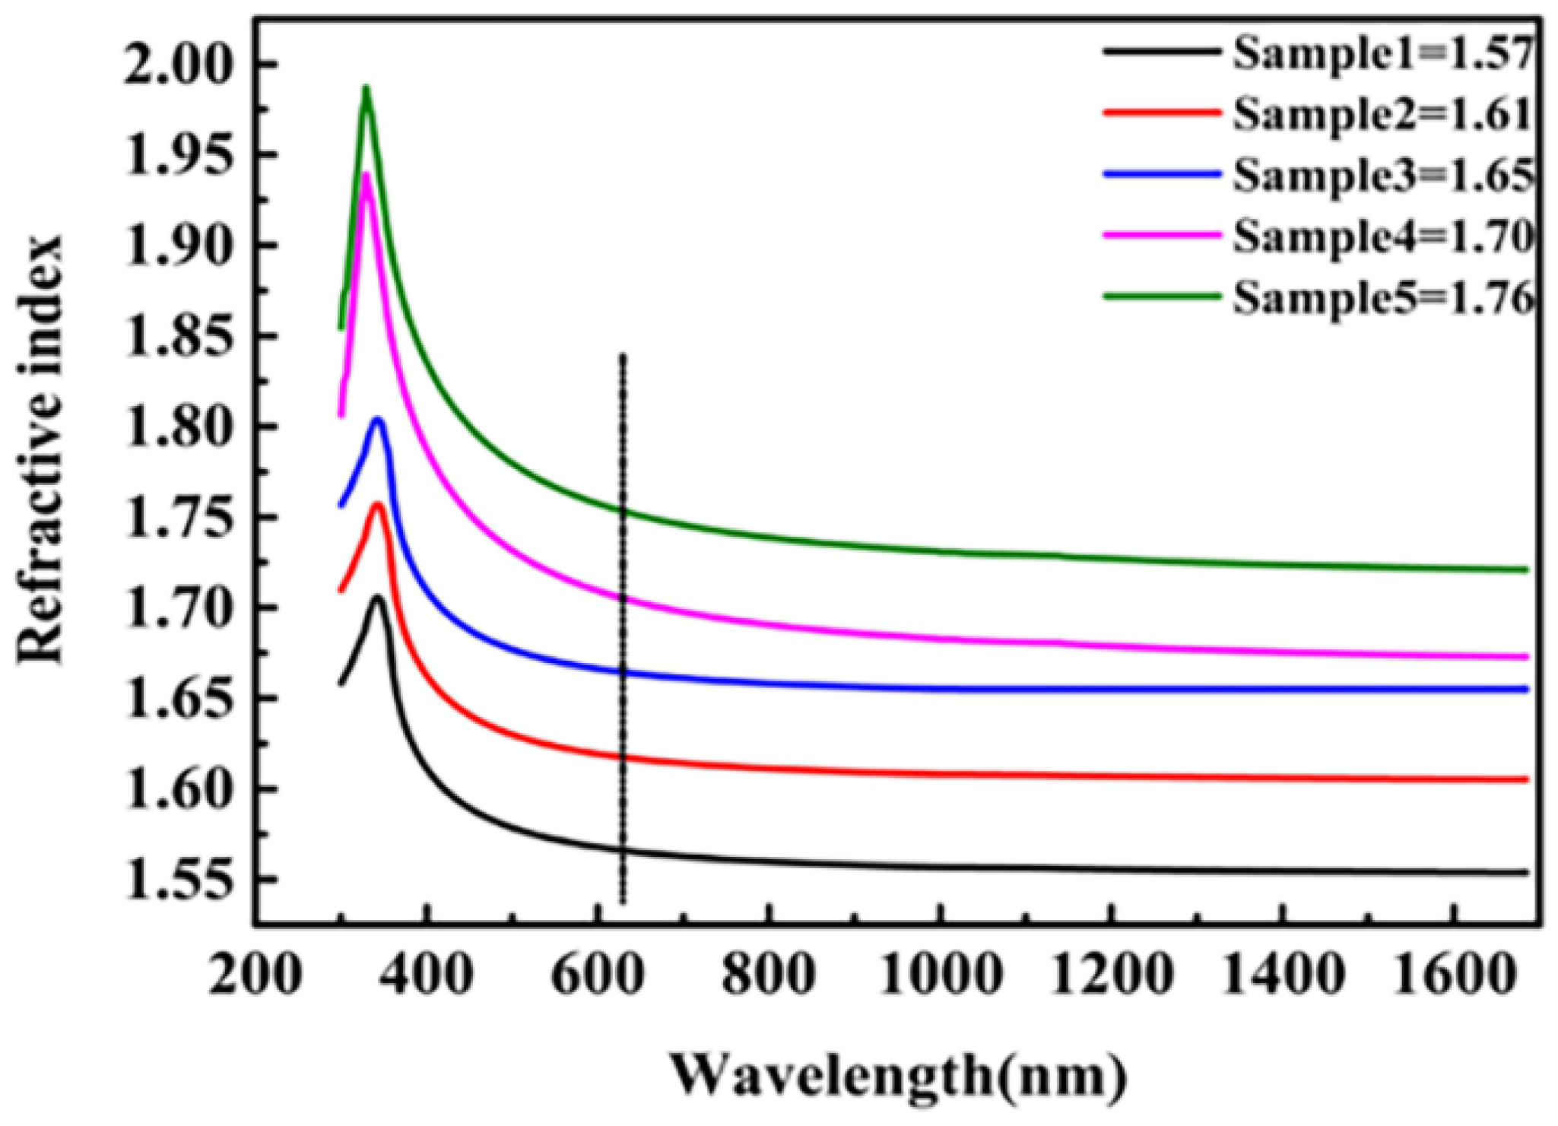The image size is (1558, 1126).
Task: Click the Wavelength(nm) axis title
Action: [897, 1077]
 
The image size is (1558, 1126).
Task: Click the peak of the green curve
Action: [366, 88]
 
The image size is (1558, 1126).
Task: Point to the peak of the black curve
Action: [376, 598]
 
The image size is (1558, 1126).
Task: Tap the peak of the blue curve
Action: [377, 420]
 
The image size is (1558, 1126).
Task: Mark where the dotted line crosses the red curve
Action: [623, 757]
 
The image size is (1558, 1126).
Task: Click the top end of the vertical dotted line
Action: [623, 356]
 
